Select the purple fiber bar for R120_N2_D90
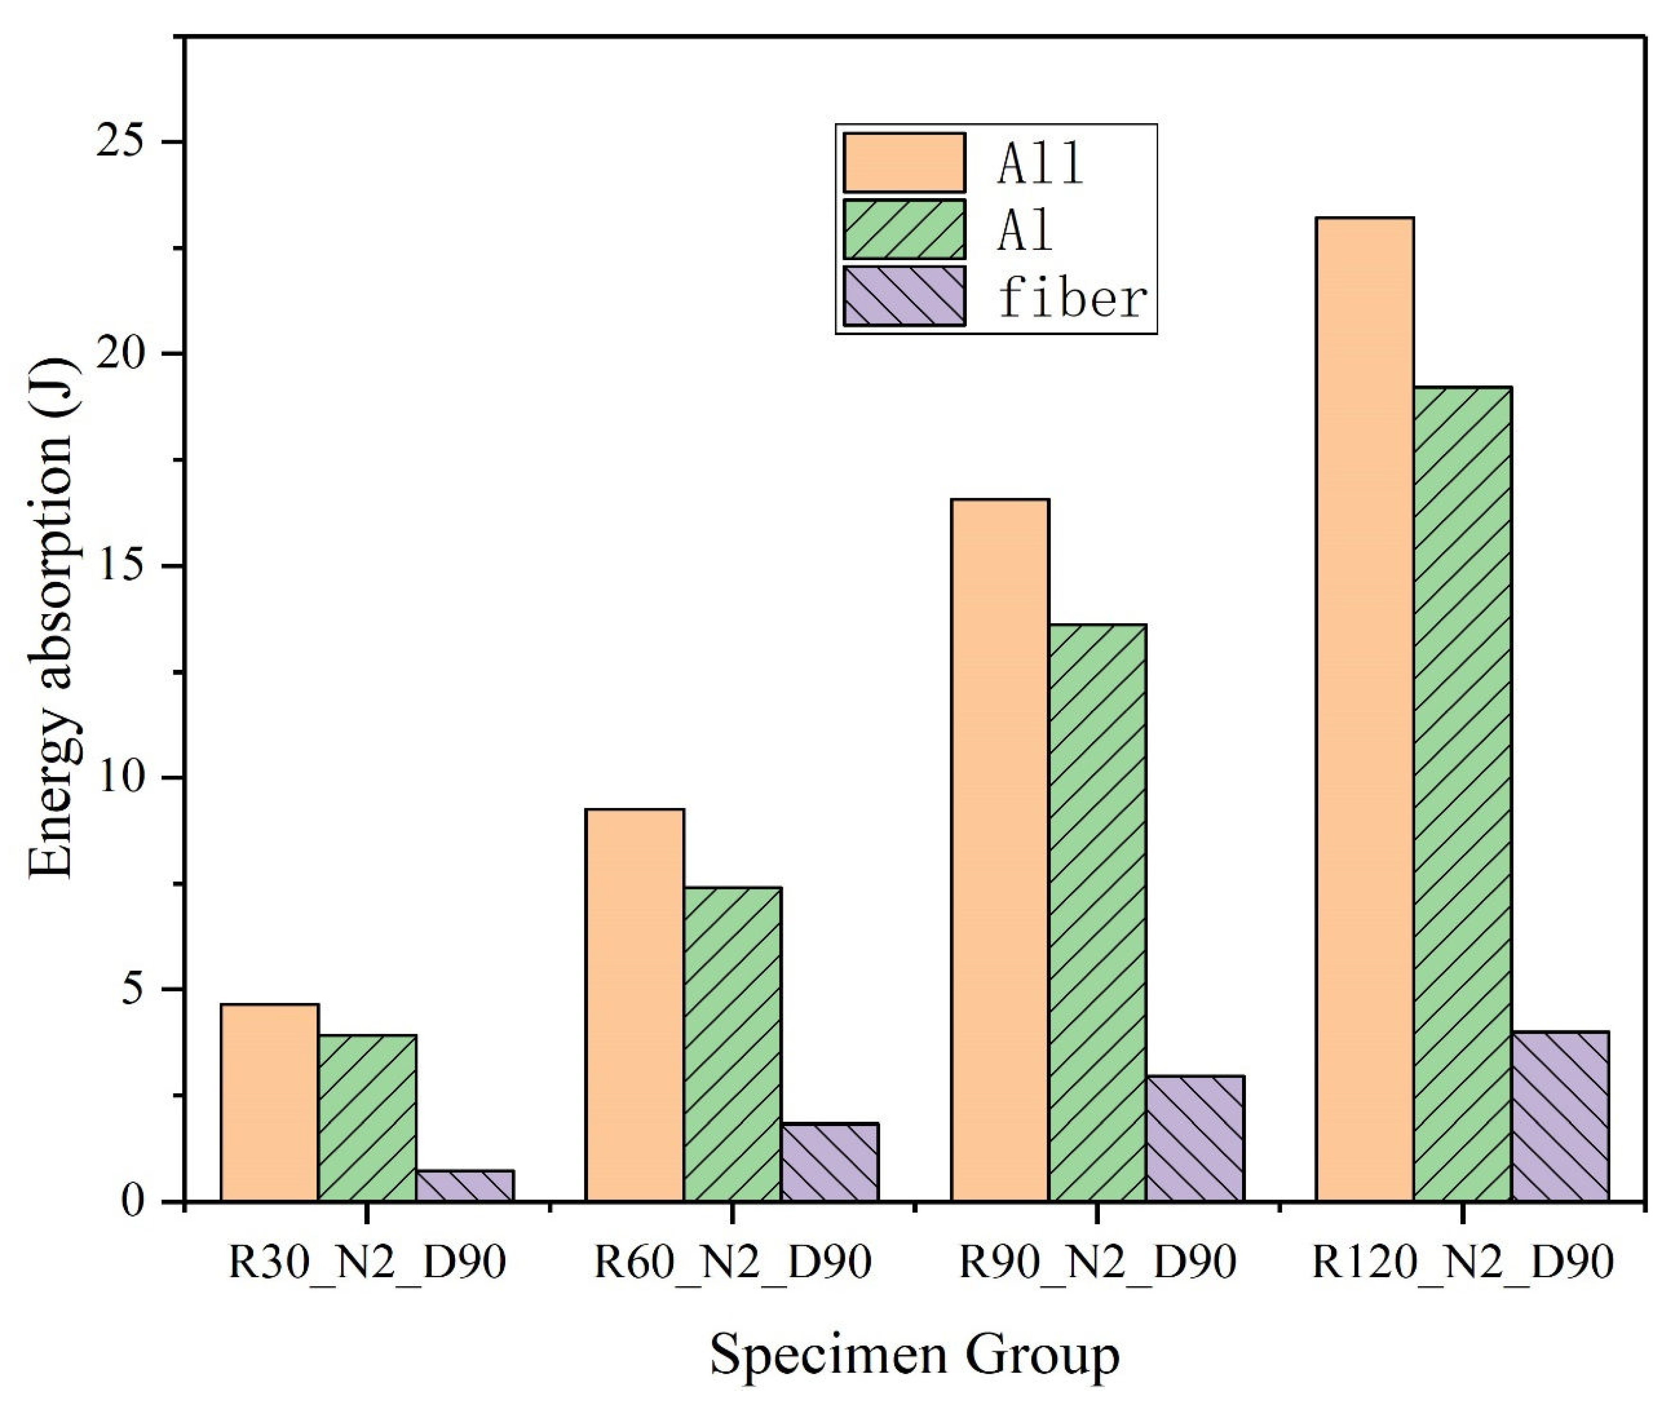point(1559,1117)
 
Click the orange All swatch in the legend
point(904,163)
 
